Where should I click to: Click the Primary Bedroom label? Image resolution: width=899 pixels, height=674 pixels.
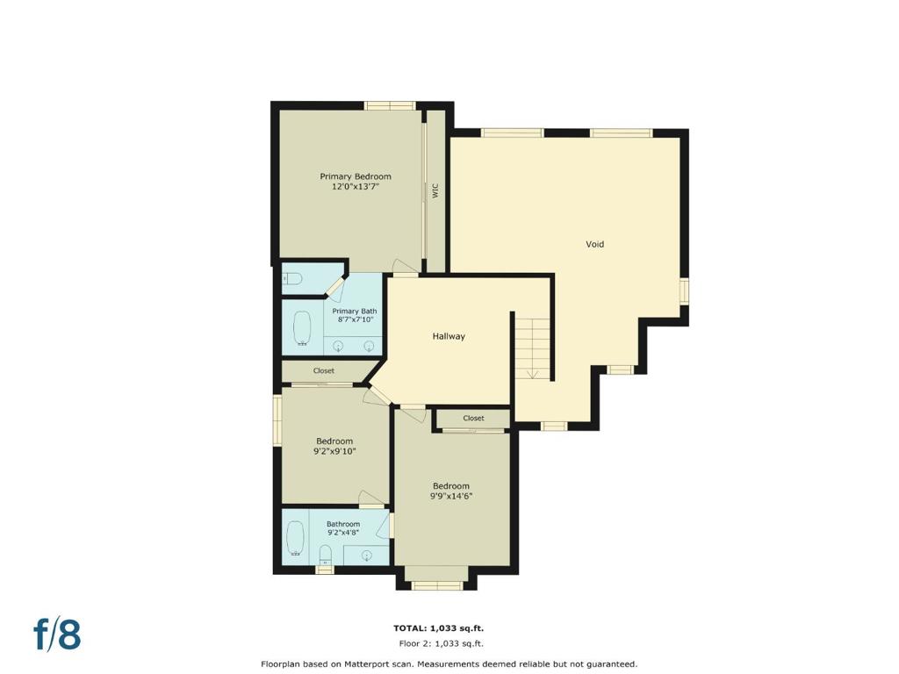point(356,176)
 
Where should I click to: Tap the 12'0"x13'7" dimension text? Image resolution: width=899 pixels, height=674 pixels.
point(356,187)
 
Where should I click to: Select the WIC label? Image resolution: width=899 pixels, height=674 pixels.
point(435,190)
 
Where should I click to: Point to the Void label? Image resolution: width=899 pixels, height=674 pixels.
point(594,244)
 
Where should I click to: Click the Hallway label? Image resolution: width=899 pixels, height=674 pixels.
point(449,336)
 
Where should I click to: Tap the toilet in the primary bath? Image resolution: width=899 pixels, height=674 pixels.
point(292,279)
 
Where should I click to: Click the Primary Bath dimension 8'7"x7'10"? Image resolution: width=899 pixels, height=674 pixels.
point(356,319)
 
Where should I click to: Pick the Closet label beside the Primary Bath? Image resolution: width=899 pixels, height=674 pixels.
point(323,371)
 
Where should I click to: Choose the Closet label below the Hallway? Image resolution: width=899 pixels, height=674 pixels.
point(473,419)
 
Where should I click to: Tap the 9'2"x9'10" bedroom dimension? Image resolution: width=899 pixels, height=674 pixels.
point(334,452)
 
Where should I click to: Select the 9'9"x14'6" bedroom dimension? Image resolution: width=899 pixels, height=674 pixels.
point(451,497)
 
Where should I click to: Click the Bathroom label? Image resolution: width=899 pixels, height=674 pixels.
point(343,524)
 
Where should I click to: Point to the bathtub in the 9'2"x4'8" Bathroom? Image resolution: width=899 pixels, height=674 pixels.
point(295,539)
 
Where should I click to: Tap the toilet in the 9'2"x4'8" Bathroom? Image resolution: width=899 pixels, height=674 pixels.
point(325,555)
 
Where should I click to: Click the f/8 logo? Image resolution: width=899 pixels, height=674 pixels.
point(57,634)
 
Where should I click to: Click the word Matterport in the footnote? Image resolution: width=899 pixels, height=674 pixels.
point(368,664)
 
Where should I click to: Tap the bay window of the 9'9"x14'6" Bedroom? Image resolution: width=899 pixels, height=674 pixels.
point(437,584)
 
